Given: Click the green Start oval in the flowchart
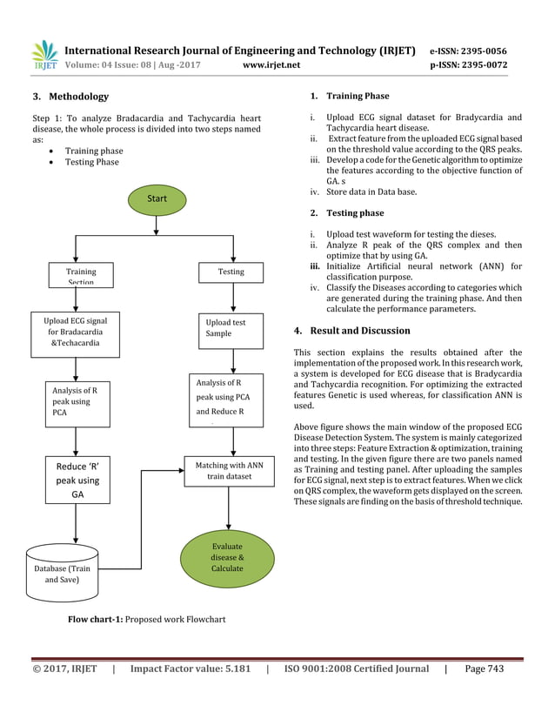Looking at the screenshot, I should [157, 198].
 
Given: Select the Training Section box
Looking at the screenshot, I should [81, 275].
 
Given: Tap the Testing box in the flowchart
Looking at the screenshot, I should [231, 272].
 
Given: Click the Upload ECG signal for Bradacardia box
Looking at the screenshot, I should [77, 332].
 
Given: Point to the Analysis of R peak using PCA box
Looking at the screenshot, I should [77, 402].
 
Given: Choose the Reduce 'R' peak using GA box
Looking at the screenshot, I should [77, 480].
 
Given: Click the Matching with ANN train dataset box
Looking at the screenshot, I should [230, 471].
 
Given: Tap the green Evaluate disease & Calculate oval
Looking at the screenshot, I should [227, 557].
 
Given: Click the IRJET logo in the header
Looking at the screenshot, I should [44, 55].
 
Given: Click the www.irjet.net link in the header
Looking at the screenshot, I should [271, 64].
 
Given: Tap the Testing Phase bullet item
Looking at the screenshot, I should [91, 162].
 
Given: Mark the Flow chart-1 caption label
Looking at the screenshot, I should [96, 620].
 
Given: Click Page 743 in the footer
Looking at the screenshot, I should [485, 669].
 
